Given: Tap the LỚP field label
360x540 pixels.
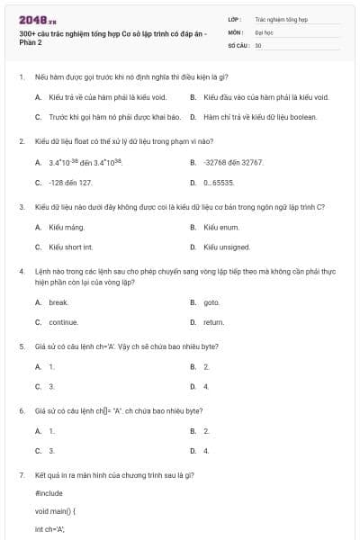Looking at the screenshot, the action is coord(234,18).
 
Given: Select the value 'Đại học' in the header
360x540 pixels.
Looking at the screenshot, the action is coord(264,31).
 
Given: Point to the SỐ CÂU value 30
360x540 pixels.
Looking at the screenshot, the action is coord(258,44).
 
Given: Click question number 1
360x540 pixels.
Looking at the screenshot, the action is coord(21,77).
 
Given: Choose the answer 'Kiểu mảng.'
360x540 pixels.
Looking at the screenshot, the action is coord(66,227).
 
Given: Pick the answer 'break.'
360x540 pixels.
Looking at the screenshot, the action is coord(58,302).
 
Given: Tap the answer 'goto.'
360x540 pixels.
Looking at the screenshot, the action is coord(211,302).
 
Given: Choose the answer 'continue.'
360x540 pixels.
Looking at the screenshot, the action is coord(63,321).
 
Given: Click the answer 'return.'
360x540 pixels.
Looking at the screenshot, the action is coord(213,321).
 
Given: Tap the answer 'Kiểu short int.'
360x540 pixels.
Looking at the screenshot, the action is coord(71,246).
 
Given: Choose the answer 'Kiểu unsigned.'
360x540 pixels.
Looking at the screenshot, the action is coord(226,246).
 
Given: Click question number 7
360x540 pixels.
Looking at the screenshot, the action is coord(21,474).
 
